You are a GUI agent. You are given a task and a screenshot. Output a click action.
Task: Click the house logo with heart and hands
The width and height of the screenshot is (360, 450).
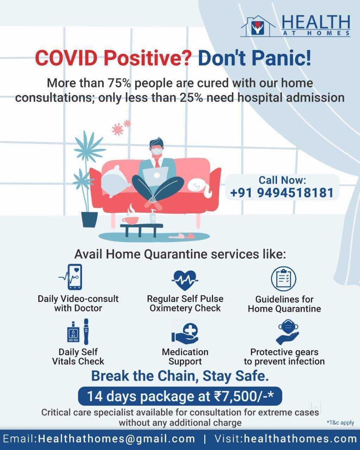pos(258,27)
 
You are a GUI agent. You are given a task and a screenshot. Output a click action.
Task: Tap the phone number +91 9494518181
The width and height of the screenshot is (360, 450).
pos(282,193)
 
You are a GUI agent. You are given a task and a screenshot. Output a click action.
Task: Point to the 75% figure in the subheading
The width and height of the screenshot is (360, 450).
pos(119,83)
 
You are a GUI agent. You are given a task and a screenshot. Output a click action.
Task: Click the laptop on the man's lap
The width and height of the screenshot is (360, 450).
pos(155,176)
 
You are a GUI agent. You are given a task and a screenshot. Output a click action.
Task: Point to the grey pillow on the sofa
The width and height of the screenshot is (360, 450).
pos(115,181)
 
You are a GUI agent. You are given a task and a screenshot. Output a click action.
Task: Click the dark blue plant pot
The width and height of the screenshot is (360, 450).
pos(89,219)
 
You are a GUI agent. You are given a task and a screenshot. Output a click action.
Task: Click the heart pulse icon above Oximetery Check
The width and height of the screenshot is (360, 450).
pos(185,280)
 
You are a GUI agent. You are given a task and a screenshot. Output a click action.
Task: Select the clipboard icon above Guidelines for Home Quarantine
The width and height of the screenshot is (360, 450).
pos(284,279)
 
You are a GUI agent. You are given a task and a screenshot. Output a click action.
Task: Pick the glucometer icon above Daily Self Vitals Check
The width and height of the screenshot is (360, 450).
pos(78,332)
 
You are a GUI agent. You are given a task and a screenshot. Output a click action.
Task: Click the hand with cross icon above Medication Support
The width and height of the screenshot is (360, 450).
pos(185,333)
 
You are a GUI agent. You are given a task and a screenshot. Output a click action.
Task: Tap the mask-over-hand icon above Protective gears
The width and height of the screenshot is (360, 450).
pos(288,332)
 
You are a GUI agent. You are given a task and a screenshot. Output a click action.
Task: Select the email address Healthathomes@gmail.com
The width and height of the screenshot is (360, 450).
pos(116,439)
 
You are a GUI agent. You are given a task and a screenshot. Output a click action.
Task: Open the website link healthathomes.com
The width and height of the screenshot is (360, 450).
pos(300,439)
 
